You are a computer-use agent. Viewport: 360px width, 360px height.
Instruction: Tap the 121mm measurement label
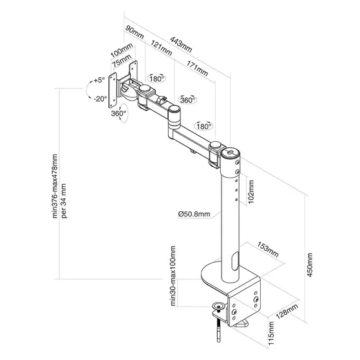[x=160, y=56]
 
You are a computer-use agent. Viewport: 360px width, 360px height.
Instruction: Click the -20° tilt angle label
[x=99, y=99]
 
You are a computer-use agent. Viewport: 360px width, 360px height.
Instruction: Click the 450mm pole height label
[x=311, y=264]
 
